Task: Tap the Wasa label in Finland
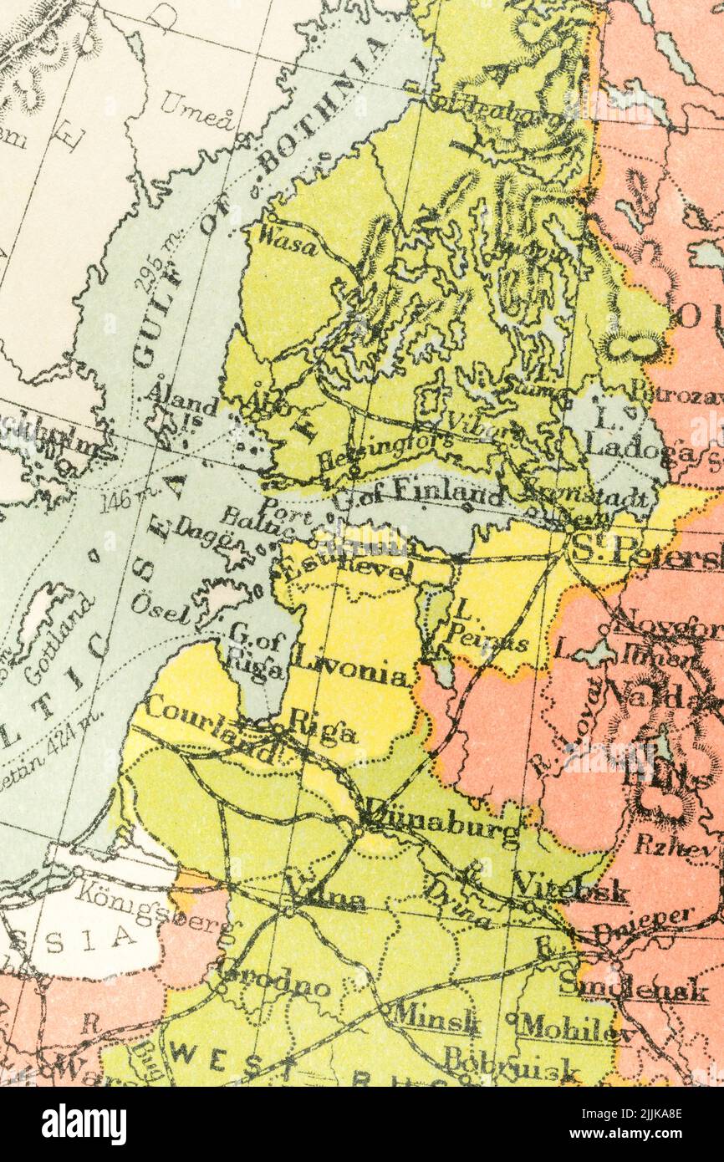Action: coord(288,241)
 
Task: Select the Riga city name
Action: coord(322,730)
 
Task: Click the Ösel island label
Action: coord(160,609)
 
